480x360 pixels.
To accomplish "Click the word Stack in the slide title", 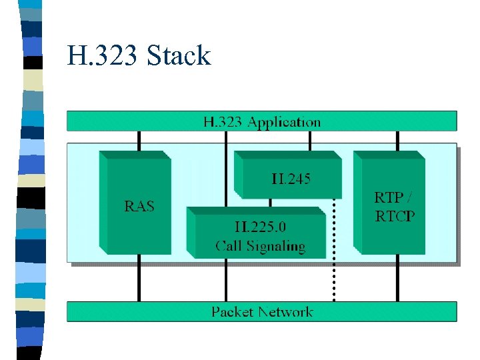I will [x=179, y=55].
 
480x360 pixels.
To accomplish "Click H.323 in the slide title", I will [x=102, y=55].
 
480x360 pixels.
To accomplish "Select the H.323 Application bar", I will [x=261, y=121].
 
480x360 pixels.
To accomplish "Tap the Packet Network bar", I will [x=261, y=311].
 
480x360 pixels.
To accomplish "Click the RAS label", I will [x=139, y=206].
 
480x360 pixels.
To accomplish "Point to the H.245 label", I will [x=291, y=179].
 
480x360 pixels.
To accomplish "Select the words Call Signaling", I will [x=259, y=246].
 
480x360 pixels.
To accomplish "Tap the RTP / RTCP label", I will [x=394, y=206].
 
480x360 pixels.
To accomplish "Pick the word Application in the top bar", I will [x=284, y=122].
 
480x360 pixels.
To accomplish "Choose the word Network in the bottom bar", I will [x=285, y=311].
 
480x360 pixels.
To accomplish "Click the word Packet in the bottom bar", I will [x=233, y=311].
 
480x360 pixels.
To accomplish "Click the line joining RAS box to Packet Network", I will [x=139, y=280].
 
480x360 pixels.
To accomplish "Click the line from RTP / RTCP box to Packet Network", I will [x=397, y=280].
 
